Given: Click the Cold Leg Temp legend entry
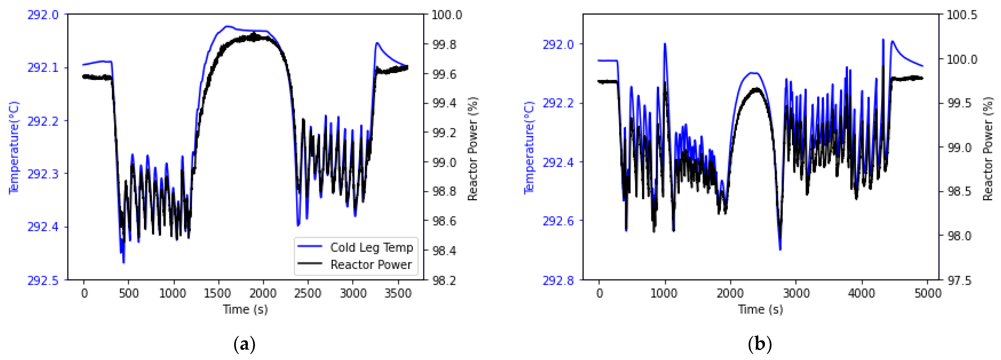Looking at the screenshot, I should point(371,247).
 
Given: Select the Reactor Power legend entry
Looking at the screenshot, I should point(371,265).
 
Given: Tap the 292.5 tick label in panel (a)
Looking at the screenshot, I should point(43,280).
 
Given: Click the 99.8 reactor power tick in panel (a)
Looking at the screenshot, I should point(447,44).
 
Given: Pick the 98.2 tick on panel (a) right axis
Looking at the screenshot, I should point(447,280).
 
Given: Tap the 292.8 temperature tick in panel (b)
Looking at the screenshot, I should point(558,280).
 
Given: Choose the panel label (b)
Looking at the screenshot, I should point(760,344).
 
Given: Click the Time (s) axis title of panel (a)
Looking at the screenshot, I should point(245,309).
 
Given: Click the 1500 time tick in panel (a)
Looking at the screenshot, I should point(218,293).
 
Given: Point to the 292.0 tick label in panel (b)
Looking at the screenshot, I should point(558,44).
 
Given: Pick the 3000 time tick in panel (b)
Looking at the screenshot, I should point(796,293).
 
